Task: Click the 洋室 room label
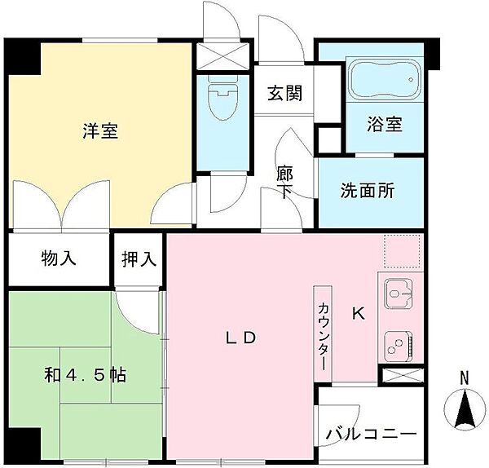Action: (x=100, y=131)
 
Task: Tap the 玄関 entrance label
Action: (x=284, y=92)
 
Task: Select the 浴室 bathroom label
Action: (x=384, y=127)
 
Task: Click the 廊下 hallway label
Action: (x=285, y=183)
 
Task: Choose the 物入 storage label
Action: (x=59, y=260)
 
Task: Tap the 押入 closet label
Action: (x=139, y=260)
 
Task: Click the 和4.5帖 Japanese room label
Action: (x=85, y=376)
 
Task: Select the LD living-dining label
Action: (x=241, y=336)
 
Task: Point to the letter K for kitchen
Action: (x=358, y=312)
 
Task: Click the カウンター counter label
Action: (x=323, y=331)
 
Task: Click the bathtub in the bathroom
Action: (x=383, y=81)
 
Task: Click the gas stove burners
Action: (x=399, y=343)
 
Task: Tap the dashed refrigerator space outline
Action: (x=401, y=252)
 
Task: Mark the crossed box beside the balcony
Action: (x=403, y=377)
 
